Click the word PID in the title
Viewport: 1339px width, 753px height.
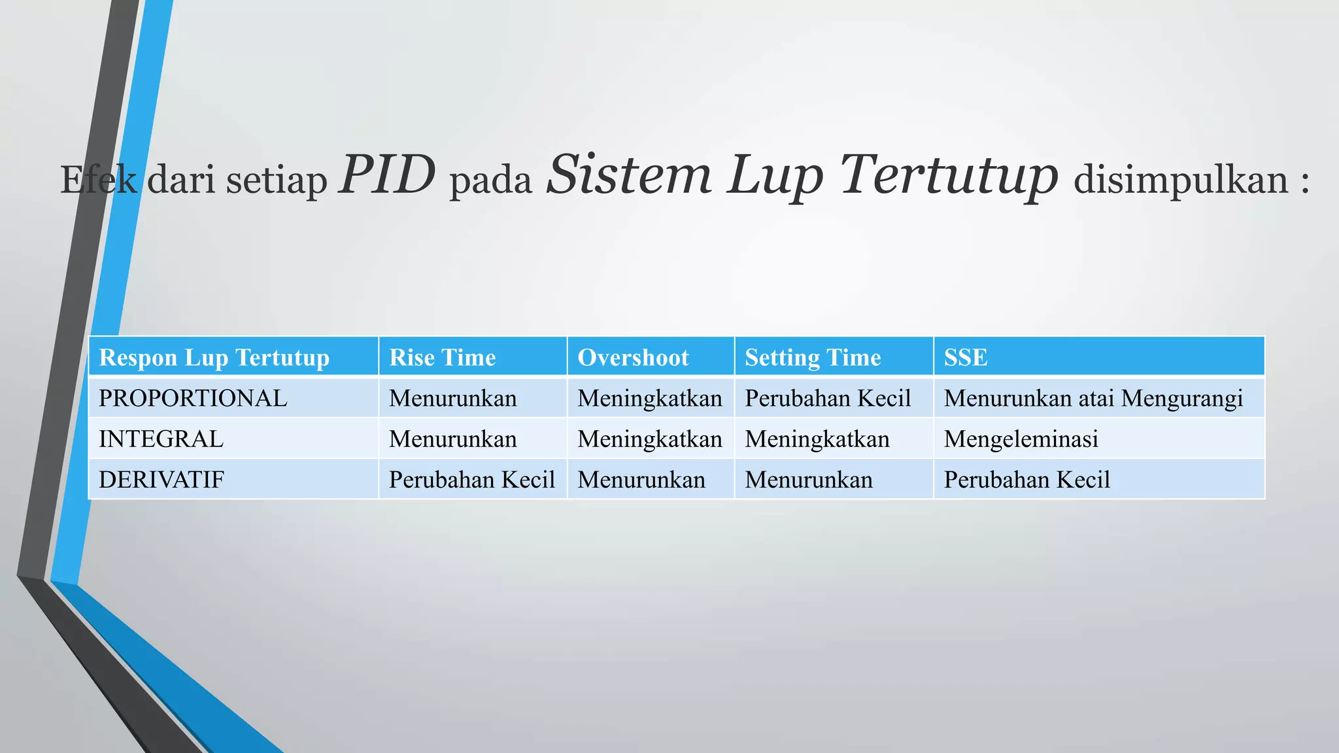point(386,175)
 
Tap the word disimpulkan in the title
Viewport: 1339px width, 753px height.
point(1181,180)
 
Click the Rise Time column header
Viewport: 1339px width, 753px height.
point(443,358)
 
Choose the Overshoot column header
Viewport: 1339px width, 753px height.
point(633,358)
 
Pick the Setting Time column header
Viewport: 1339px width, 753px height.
point(813,358)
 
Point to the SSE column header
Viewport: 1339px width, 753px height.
point(966,358)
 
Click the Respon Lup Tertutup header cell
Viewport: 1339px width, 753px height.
point(214,358)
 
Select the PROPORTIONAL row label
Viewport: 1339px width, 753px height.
point(193,398)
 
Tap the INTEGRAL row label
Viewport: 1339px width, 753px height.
point(161,439)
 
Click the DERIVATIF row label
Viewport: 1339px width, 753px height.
point(161,480)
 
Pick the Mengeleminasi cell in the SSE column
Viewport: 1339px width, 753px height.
point(1021,439)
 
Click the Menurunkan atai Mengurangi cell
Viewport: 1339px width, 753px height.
point(1093,398)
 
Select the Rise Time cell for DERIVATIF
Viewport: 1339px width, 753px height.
point(471,480)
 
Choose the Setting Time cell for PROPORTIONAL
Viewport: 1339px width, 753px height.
point(828,398)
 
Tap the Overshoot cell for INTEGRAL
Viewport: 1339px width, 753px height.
point(650,439)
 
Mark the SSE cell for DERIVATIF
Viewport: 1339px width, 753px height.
point(1026,480)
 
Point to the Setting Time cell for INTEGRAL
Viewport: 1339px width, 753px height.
point(817,439)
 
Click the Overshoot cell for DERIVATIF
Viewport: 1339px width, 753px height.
point(641,480)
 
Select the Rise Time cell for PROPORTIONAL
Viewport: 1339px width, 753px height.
point(452,398)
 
